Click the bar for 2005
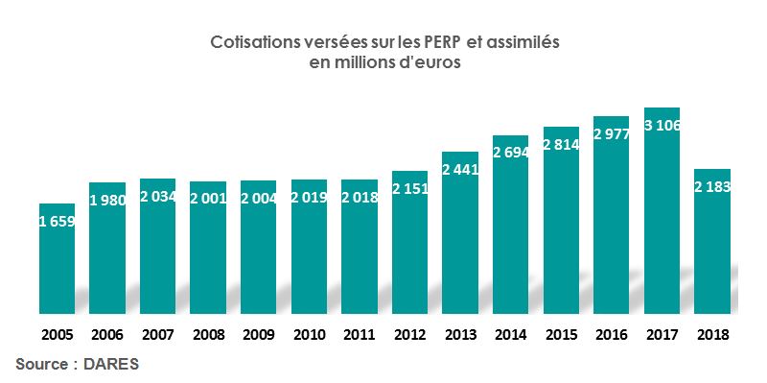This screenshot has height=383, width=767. click(57, 259)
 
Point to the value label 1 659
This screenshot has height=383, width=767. click(57, 222)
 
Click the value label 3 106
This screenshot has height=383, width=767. click(662, 126)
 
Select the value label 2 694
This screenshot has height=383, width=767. click(510, 152)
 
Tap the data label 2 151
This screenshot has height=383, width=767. click(409, 187)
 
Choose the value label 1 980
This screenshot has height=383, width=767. click(107, 200)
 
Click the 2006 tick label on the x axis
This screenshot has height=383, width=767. click(107, 335)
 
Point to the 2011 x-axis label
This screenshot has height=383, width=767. click(360, 335)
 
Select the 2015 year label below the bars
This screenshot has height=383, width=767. click(561, 335)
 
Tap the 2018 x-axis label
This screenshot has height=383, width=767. click(712, 335)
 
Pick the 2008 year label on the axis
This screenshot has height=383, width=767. click(208, 335)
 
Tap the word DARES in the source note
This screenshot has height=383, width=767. click(113, 365)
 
